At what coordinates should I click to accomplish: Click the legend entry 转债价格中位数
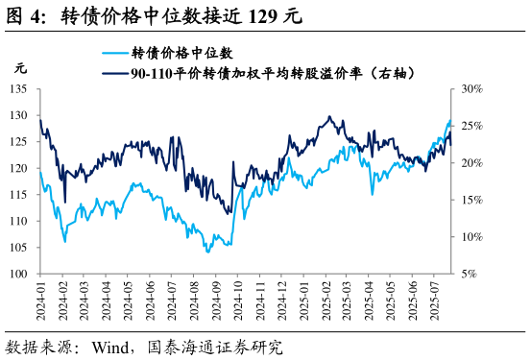181,53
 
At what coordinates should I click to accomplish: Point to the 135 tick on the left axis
17,88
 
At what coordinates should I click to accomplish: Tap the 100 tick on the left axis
17,274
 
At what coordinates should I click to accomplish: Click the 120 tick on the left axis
17,168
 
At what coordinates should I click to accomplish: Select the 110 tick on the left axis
17,221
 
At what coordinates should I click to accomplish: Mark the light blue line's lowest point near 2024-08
207,252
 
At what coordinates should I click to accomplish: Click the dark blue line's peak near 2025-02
330,117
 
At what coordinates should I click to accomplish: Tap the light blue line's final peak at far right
449,121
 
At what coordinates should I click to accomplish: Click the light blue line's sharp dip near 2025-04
373,194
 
